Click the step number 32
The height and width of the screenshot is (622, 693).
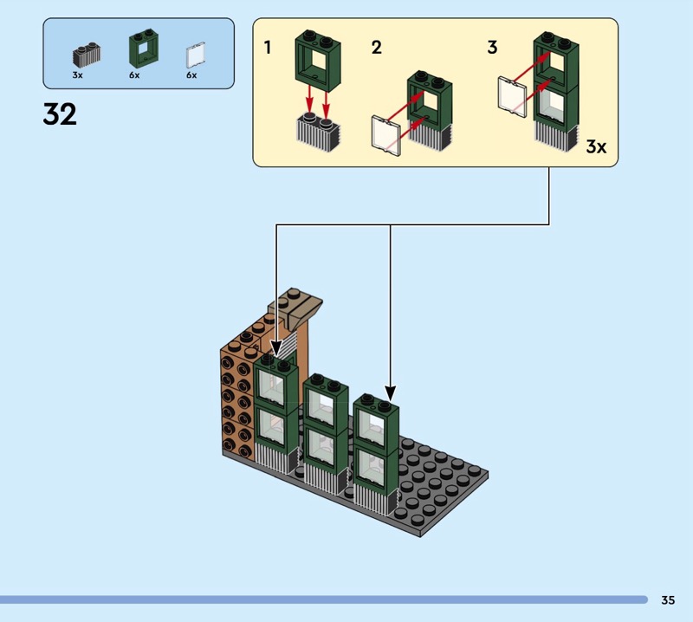(60, 114)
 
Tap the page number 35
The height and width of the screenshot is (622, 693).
(668, 599)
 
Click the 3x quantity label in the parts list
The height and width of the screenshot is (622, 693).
(78, 75)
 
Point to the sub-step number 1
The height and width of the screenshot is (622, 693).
(268, 48)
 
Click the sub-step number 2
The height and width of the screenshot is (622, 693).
(376, 48)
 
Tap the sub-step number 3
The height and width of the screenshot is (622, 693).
(492, 48)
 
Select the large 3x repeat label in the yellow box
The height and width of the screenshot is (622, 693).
(596, 146)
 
